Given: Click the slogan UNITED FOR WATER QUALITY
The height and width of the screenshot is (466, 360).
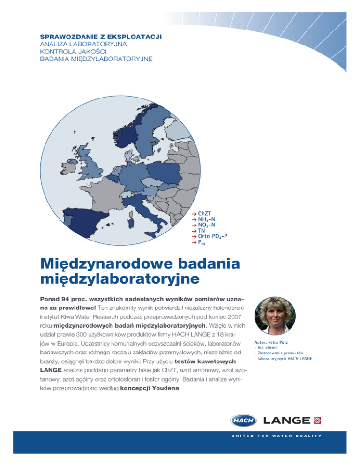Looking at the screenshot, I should tap(275, 436).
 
